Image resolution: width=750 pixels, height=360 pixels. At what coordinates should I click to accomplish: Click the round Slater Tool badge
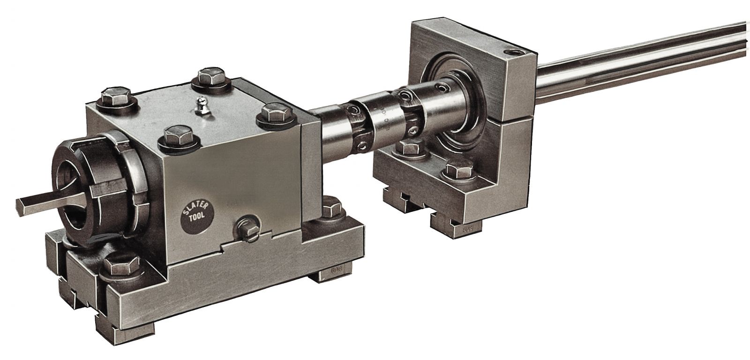point(196,216)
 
